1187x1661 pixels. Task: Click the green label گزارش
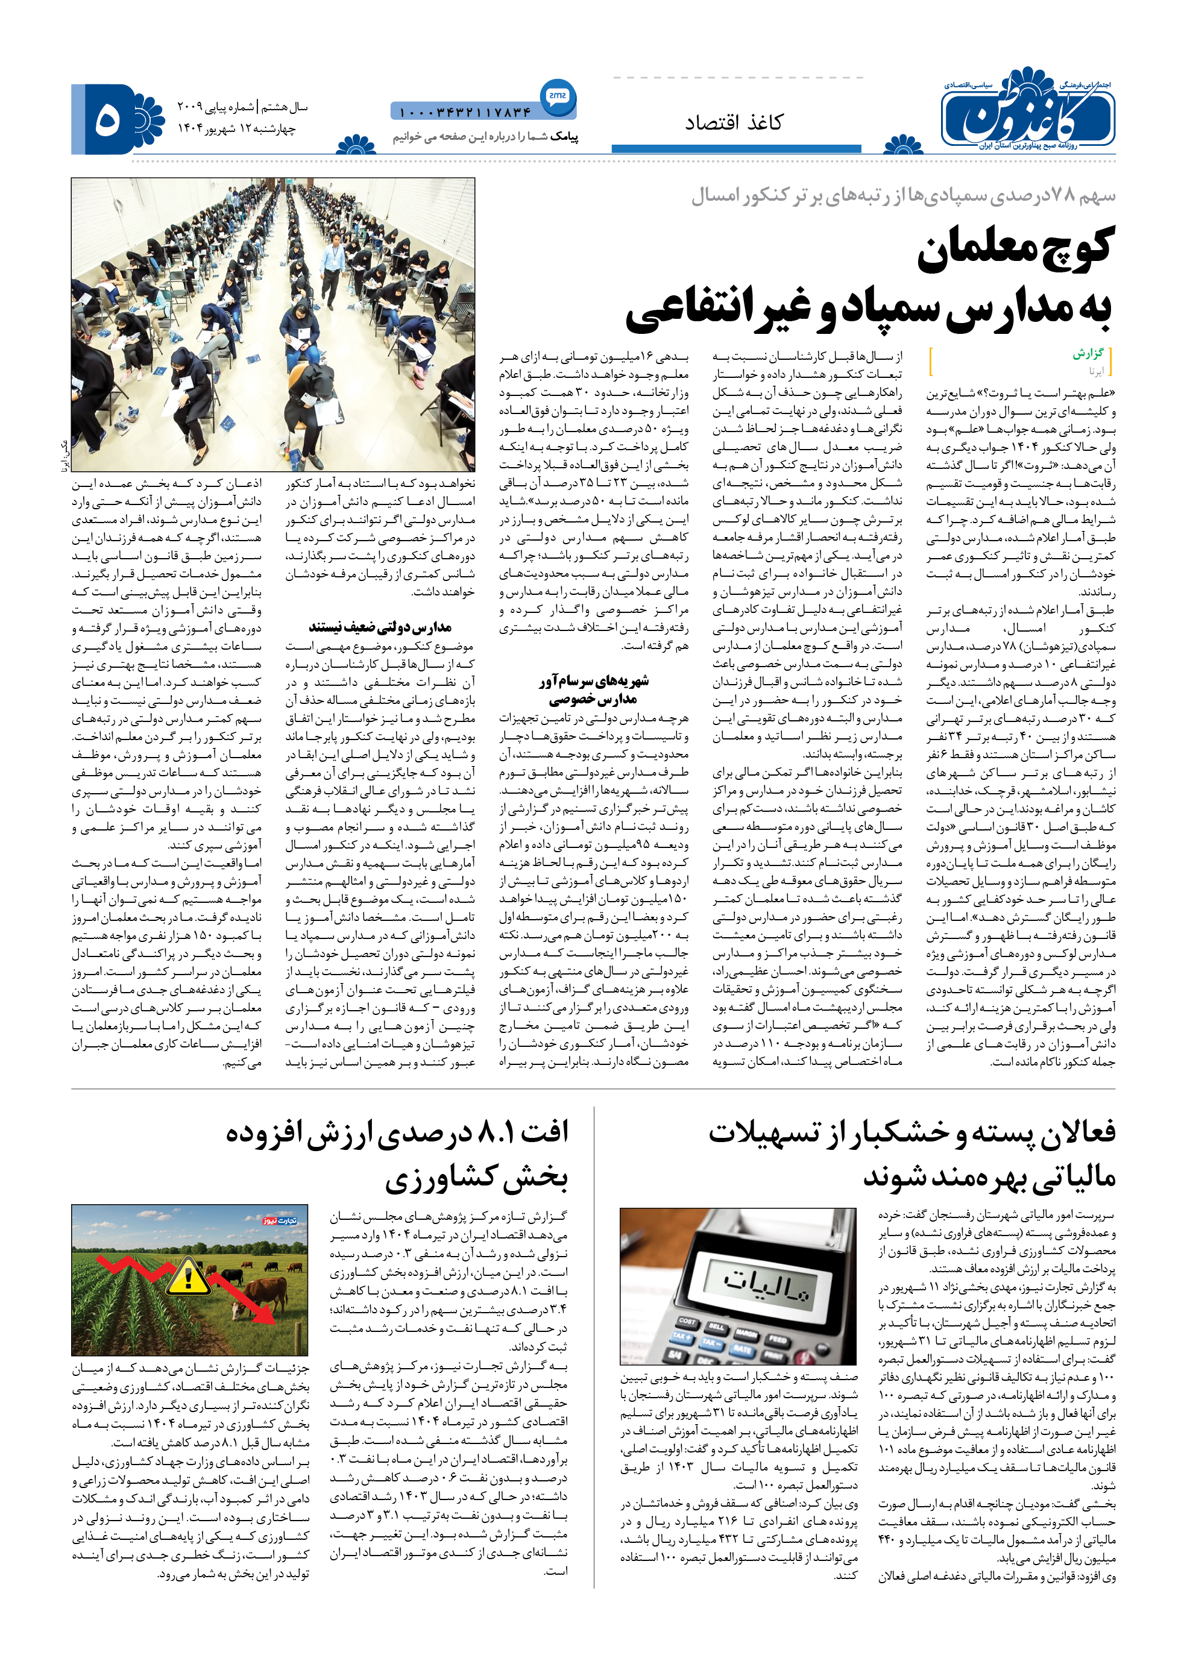click(1088, 354)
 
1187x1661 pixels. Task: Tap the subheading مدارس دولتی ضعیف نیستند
click(380, 627)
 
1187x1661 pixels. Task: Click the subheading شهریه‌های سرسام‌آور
click(593, 681)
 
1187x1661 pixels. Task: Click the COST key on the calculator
click(687, 1322)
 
